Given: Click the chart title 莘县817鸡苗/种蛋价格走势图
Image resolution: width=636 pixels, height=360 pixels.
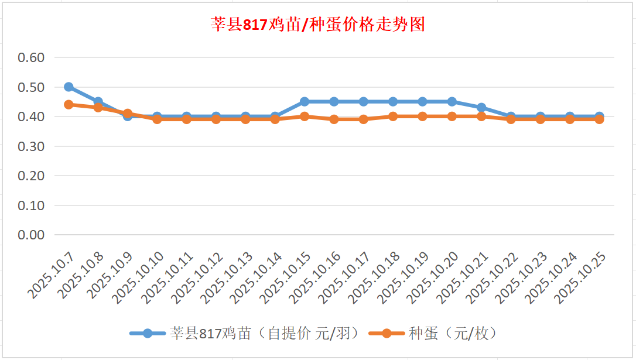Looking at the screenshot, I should tap(317, 25).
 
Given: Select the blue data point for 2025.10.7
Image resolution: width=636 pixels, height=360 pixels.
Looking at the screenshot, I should tap(69, 87).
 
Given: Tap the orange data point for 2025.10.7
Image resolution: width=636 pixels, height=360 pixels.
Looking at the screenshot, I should tap(69, 105).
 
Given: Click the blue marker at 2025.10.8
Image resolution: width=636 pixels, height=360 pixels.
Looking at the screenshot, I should tap(98, 102).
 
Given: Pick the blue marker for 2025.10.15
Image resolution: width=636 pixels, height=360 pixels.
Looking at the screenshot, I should tap(305, 102).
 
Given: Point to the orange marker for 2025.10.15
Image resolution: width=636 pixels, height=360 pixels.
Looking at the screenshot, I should tap(305, 116).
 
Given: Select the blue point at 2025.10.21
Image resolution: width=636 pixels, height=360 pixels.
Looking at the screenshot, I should tap(481, 108).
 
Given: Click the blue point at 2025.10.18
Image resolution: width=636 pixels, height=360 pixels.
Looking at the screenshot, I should tap(393, 102).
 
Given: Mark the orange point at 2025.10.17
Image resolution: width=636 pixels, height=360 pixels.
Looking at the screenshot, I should tap(364, 119).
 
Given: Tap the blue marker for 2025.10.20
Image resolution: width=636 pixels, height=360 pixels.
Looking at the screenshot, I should tap(452, 102).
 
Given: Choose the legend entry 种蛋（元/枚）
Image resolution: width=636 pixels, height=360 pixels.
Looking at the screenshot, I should tap(433, 334).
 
